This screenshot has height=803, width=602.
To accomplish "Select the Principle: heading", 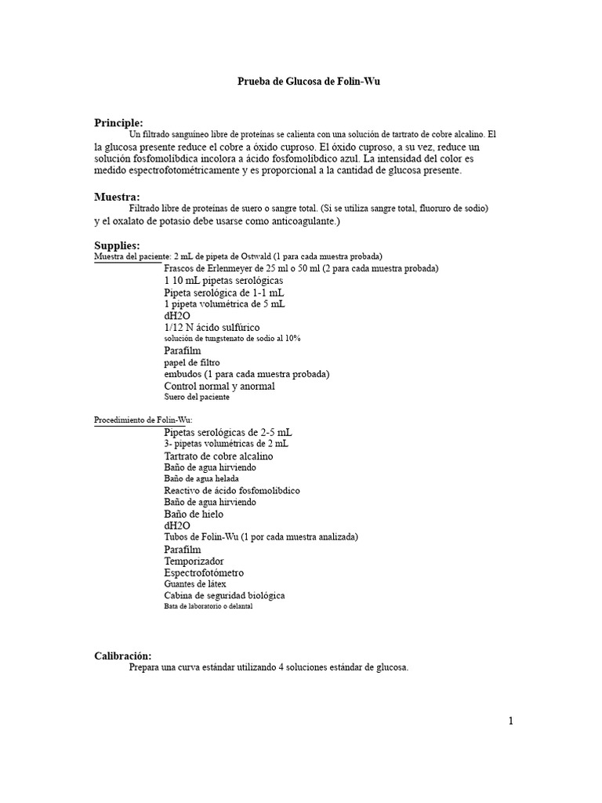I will tap(118, 122).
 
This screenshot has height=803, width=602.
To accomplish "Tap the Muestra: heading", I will tap(117, 197).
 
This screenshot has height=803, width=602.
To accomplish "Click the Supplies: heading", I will tap(117, 245).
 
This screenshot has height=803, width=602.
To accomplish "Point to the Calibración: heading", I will tap(123, 656).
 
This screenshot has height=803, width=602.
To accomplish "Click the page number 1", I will tap(510, 721).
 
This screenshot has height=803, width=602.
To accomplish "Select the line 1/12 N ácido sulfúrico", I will tap(212, 326).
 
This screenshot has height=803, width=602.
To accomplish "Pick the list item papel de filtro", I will tap(192, 363).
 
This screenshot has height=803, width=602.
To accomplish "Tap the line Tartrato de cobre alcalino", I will tap(219, 456).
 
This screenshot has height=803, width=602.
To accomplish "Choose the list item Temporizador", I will tap(194, 561).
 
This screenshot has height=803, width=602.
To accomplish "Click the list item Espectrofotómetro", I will tap(204, 572).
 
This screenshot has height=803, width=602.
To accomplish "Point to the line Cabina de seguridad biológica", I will tap(224, 595).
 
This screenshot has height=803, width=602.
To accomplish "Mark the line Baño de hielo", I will tap(194, 514).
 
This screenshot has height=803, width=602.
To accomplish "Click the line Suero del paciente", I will tap(197, 397).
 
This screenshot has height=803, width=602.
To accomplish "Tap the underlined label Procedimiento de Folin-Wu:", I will tap(138, 420).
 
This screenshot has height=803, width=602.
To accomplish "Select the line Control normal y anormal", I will tap(219, 386).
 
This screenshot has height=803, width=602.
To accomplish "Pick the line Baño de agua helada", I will tap(201, 478).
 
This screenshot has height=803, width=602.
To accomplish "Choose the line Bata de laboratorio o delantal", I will tap(209, 606).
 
